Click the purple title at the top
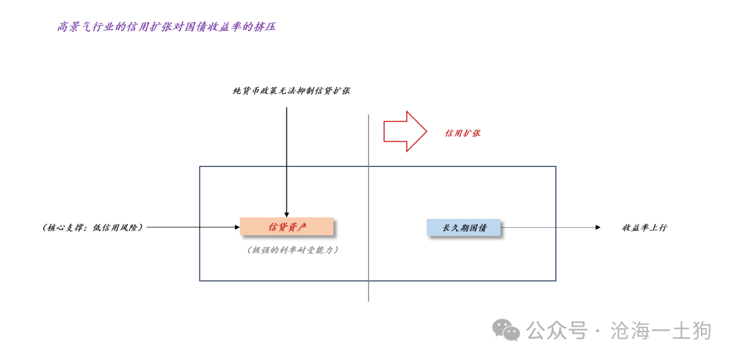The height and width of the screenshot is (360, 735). pos(166,27)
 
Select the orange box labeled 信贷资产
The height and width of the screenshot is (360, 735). pos(287,227)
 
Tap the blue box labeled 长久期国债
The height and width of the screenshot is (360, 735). pos(463,227)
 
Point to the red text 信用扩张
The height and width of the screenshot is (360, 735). pos(463,133)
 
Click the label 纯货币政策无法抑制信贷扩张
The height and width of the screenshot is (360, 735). pos(291,91)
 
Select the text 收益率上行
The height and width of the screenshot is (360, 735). pos(644,228)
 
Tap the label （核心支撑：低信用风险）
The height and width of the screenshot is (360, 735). pos(93,227)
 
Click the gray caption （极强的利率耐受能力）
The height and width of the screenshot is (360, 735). pos(293,250)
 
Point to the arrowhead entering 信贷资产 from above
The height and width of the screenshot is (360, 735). pos(287,214)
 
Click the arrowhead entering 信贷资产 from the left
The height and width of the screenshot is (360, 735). pos(238,227)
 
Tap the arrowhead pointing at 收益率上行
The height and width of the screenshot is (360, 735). pos(598,227)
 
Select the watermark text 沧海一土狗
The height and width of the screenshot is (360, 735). pos(661,331)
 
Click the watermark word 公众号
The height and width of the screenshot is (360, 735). pos(557,331)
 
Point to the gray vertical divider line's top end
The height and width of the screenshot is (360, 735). pos(368,114)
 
